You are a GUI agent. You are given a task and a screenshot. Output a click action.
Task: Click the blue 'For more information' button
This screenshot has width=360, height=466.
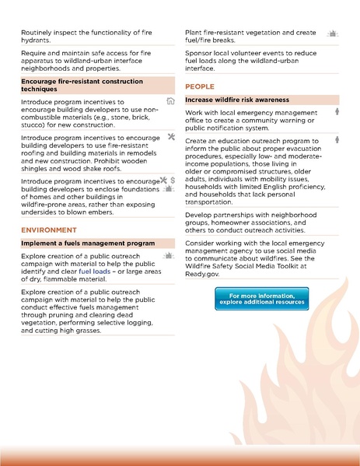coord(261,298)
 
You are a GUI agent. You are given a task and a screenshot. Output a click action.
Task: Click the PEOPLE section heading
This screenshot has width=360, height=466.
coord(200,86)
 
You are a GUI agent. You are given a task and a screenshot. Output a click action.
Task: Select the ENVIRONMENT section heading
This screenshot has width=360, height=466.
coord(49,230)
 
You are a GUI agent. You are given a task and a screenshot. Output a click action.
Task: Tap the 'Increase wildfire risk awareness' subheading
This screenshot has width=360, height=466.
coord(237,100)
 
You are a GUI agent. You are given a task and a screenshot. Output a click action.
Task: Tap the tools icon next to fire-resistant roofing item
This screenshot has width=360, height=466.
coord(170,137)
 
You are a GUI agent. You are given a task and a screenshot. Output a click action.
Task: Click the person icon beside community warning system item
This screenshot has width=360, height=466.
coord(336,113)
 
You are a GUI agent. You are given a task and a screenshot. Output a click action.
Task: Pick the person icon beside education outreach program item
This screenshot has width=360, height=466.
coord(336,140)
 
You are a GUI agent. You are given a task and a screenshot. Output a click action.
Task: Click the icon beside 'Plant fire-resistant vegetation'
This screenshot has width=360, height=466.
coord(332,34)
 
